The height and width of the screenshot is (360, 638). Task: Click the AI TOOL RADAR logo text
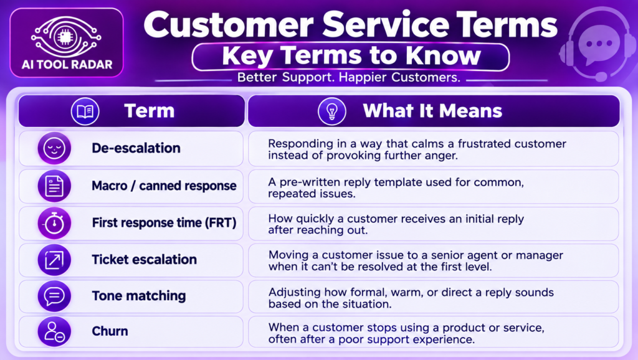point(67,64)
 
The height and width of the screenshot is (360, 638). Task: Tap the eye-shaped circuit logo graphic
point(65,36)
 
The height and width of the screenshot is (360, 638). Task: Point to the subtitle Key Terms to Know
point(351,56)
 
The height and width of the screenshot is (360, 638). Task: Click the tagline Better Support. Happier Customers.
point(349,77)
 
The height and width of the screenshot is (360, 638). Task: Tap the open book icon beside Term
point(85,111)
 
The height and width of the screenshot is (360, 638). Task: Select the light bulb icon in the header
point(332,111)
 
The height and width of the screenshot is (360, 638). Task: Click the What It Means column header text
point(432,111)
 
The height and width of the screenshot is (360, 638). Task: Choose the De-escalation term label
point(136,148)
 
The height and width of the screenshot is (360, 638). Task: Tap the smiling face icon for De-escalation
point(55,148)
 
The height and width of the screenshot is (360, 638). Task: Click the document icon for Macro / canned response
point(55,186)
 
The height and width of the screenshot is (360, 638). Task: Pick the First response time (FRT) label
point(164,223)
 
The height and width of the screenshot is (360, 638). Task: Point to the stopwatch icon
point(55,223)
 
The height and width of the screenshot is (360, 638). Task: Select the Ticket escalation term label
point(144,260)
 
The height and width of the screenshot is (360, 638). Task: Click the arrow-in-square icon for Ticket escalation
point(55,260)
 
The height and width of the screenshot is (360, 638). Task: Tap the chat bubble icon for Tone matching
point(55,296)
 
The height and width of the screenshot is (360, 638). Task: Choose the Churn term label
point(110,331)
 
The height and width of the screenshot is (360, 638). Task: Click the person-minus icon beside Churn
point(55,331)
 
